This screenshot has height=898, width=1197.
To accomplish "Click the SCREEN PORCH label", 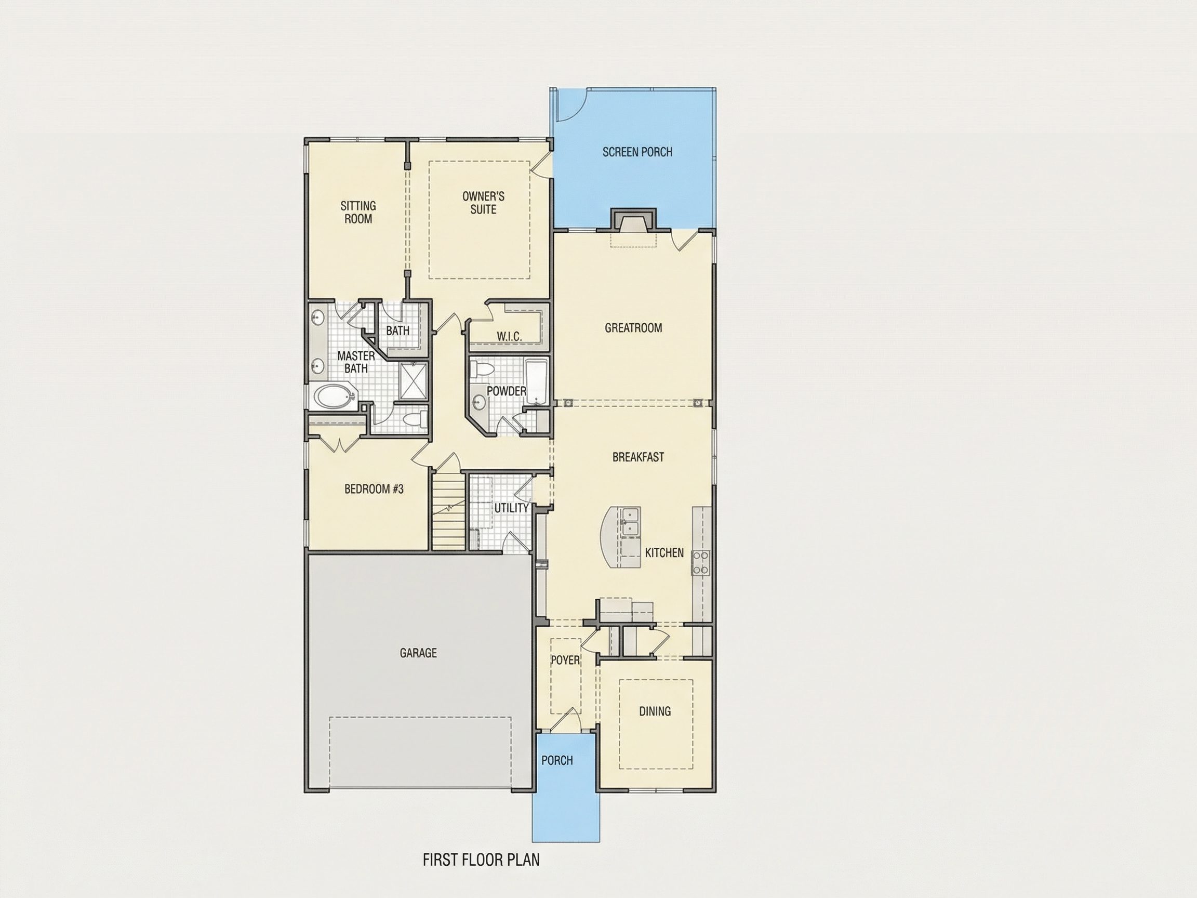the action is click(637, 152).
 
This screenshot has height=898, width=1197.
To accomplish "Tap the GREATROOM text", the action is click(633, 327).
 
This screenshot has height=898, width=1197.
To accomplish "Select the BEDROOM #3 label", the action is click(374, 490).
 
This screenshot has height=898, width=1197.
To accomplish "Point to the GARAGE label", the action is click(418, 653).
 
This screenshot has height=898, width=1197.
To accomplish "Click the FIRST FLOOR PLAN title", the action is click(481, 860).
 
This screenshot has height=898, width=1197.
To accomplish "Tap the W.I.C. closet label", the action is click(509, 337).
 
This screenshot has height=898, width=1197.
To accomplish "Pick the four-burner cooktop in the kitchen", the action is click(701, 563).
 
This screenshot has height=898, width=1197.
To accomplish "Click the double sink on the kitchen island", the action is click(630, 521).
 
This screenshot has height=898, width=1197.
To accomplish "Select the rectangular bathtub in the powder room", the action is click(537, 381).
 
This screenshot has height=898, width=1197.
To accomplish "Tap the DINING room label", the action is click(655, 711).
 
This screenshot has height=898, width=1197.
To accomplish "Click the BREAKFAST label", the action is click(638, 457).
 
